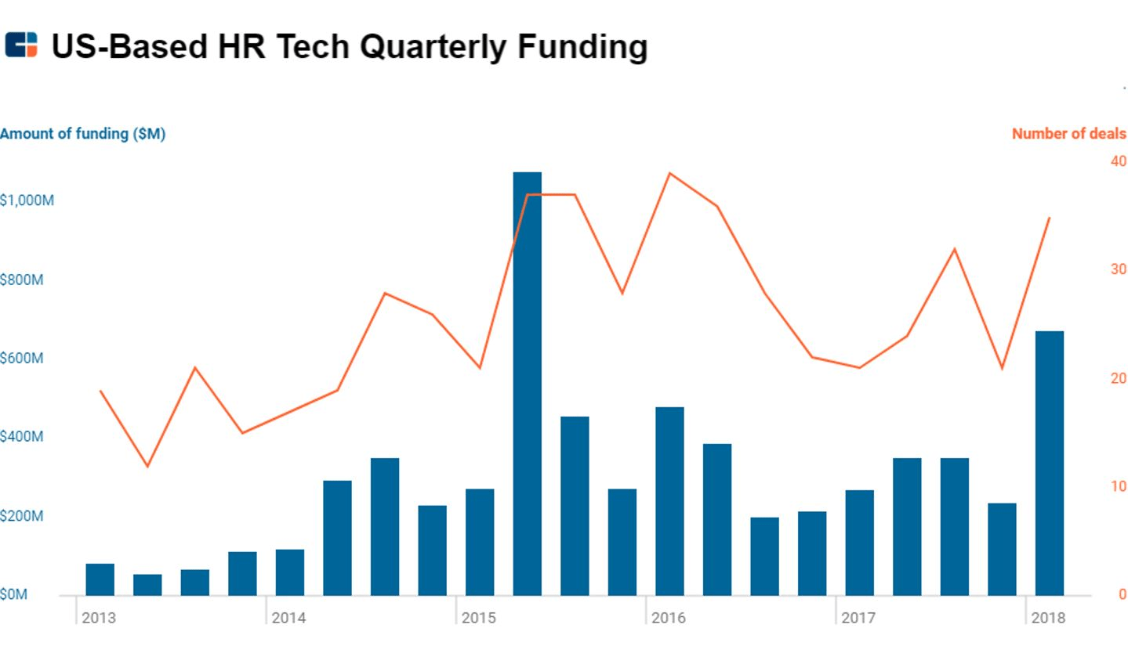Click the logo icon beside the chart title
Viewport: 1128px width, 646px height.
pyautogui.click(x=21, y=45)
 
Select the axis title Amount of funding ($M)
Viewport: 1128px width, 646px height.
pyautogui.click(x=82, y=134)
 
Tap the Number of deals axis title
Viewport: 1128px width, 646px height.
pyautogui.click(x=1068, y=134)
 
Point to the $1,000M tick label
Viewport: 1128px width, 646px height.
pyautogui.click(x=27, y=200)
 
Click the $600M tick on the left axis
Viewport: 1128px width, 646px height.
pyautogui.click(x=22, y=359)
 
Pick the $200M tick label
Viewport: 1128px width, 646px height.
pyautogui.click(x=22, y=517)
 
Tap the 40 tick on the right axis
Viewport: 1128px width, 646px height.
pyautogui.click(x=1118, y=161)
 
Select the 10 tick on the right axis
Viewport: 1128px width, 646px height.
pyautogui.click(x=1118, y=486)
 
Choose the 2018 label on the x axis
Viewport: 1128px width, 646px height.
pyautogui.click(x=1049, y=618)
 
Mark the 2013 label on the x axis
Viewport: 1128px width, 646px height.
pyautogui.click(x=98, y=618)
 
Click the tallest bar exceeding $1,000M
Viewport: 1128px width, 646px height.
pyautogui.click(x=527, y=383)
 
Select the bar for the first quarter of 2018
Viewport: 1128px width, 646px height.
pyautogui.click(x=1049, y=463)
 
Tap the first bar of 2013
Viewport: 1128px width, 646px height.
pyautogui.click(x=100, y=579)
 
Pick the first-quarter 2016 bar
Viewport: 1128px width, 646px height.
pyautogui.click(x=669, y=500)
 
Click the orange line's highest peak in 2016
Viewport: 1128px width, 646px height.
pyautogui.click(x=669, y=173)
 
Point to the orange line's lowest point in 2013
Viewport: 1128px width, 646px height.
pyautogui.click(x=147, y=467)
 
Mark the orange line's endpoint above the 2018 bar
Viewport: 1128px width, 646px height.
pyautogui.click(x=1049, y=218)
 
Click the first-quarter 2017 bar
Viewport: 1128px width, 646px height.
pyautogui.click(x=859, y=542)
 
